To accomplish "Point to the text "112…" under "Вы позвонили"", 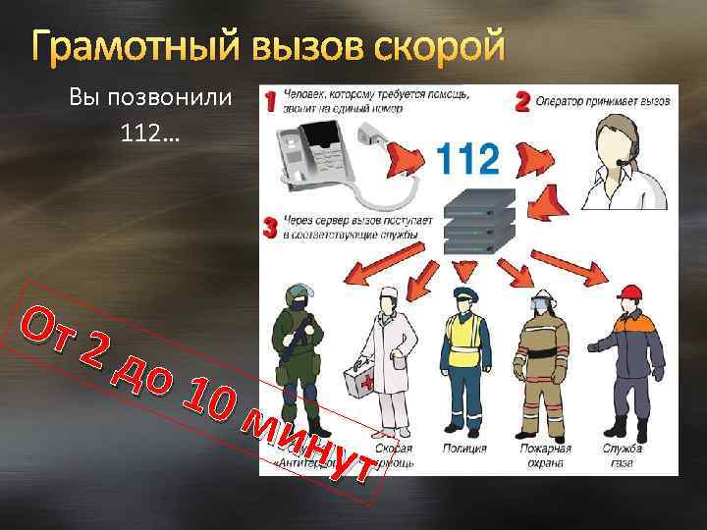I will (150, 132).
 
